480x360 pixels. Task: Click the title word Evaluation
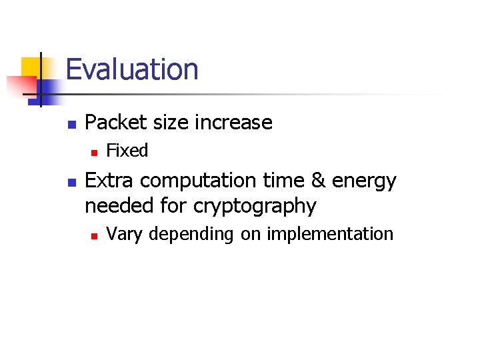tap(132, 69)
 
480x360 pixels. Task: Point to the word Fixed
tap(127, 151)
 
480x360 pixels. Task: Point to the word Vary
tap(124, 235)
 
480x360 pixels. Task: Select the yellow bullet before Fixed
tap(94, 153)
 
